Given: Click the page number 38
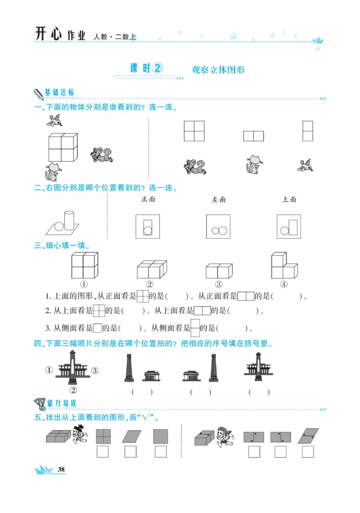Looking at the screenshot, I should [x=62, y=470].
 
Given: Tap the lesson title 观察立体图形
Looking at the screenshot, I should [x=218, y=70].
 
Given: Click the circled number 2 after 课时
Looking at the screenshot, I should [x=157, y=68].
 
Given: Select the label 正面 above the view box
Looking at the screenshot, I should [x=148, y=199].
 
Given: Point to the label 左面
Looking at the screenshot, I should [x=219, y=200].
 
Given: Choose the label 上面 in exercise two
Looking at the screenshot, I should [x=289, y=199].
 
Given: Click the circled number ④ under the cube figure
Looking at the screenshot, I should [x=283, y=284].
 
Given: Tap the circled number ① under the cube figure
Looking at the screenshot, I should [x=84, y=284].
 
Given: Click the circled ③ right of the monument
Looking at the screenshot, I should [x=94, y=370].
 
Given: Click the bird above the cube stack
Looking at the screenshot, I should [x=55, y=120].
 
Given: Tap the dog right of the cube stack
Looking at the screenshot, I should [x=101, y=154].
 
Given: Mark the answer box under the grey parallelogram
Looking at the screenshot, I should [x=130, y=451].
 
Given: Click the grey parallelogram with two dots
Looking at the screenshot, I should [x=308, y=436].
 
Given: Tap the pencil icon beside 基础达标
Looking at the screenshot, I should [x=38, y=94].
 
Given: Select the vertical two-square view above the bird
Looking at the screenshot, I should [x=308, y=131].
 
